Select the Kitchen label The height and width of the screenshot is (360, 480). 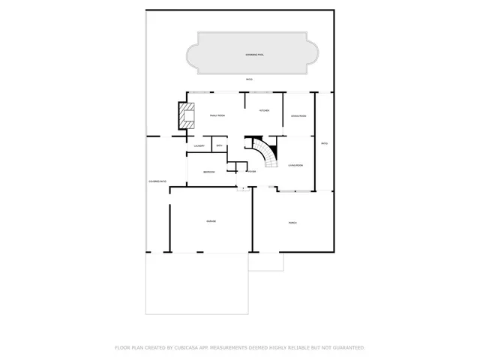(264, 110)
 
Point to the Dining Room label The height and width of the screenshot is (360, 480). (298, 116)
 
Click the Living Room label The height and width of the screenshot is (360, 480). (295, 165)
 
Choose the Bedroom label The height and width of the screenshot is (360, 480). (209, 172)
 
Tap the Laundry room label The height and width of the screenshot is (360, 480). (199, 145)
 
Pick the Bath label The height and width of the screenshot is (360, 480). (219, 145)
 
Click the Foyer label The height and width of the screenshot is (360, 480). (251, 172)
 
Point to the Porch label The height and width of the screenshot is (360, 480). (293, 223)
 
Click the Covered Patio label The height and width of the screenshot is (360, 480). (157, 182)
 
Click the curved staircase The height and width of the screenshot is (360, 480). (264, 151)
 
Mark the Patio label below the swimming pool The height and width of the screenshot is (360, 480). (248, 79)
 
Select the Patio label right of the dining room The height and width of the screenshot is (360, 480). (324, 143)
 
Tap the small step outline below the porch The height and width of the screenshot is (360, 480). (266, 262)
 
